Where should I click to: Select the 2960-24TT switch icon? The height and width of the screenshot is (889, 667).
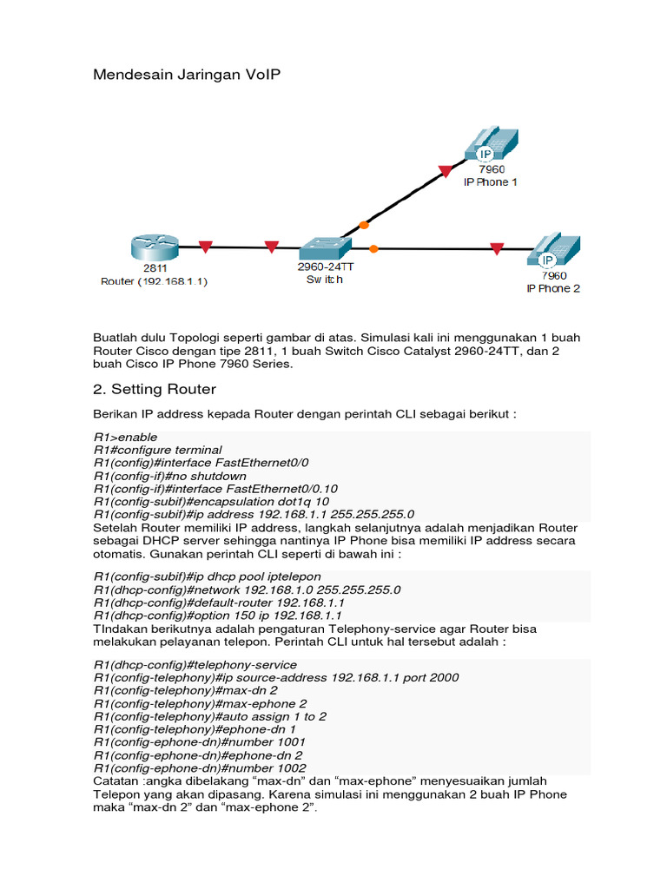click(x=320, y=247)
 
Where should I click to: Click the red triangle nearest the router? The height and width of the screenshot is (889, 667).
click(x=205, y=247)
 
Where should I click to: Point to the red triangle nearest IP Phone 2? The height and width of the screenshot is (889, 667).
click(x=496, y=249)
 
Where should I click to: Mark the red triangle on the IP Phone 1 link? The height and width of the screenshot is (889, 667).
click(x=446, y=170)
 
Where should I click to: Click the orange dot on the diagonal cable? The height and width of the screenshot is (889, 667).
click(x=364, y=224)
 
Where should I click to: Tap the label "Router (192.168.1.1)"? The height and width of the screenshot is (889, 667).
click(x=155, y=282)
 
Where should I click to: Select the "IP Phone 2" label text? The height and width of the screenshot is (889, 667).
click(x=553, y=288)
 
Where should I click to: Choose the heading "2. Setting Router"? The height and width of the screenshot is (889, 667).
click(x=155, y=389)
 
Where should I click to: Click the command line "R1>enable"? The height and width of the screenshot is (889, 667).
click(x=126, y=437)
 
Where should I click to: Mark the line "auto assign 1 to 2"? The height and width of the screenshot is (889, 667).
click(x=210, y=716)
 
